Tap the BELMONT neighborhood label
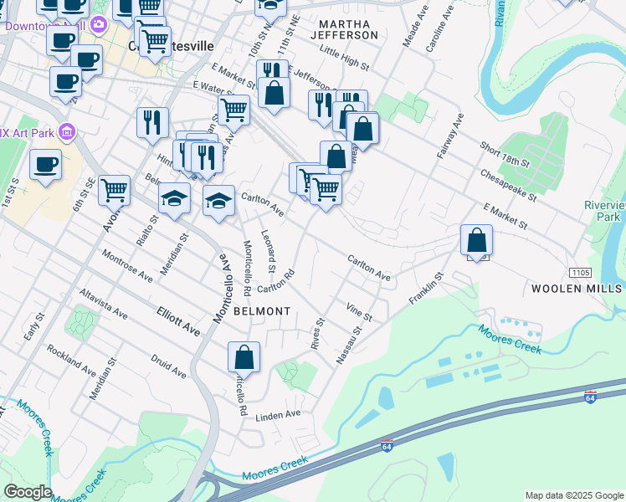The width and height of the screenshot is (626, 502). (x=262, y=311)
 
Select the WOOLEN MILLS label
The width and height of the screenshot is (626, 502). (x=577, y=289)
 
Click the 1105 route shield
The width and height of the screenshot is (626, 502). (x=579, y=273)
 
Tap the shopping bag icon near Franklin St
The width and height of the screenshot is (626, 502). (x=476, y=240)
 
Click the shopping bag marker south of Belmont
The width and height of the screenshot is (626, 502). (x=244, y=357)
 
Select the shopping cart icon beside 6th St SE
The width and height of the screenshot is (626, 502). (x=114, y=190)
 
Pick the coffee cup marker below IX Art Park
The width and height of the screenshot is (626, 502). (x=46, y=164)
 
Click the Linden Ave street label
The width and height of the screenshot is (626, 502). (x=278, y=415)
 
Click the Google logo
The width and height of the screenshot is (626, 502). (x=28, y=492)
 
